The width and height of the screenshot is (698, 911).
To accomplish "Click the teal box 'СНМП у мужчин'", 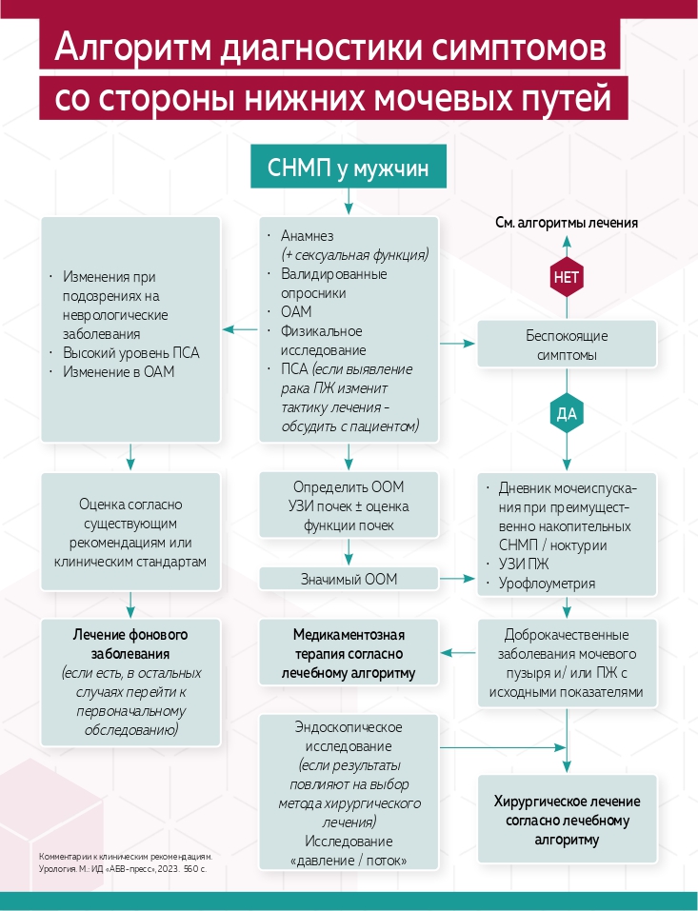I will click(x=349, y=168).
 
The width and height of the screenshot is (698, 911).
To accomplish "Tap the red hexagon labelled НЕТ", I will click(x=566, y=278).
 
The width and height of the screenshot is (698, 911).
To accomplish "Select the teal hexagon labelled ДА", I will click(x=566, y=414).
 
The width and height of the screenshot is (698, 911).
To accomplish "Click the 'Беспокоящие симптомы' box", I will click(x=566, y=346).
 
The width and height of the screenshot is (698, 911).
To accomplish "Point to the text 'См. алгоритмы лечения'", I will click(x=566, y=223).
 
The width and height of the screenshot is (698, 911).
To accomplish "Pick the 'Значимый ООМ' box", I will click(x=349, y=579).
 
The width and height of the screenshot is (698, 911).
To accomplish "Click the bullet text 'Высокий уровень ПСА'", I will click(x=131, y=353).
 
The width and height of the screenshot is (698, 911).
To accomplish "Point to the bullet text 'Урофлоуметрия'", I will click(x=547, y=584).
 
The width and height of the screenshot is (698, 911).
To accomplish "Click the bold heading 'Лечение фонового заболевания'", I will click(x=131, y=644).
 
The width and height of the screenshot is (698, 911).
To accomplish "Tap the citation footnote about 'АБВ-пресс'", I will click(x=124, y=862).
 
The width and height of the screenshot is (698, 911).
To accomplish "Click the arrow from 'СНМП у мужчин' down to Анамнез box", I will click(x=349, y=202).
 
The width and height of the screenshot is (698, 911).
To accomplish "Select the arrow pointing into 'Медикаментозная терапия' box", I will click(x=458, y=653).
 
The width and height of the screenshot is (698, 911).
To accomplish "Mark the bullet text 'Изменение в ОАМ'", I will click(x=118, y=372).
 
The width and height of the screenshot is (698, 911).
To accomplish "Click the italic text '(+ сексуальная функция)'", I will click(x=354, y=254).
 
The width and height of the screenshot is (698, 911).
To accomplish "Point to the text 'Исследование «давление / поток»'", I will click(x=349, y=851).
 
